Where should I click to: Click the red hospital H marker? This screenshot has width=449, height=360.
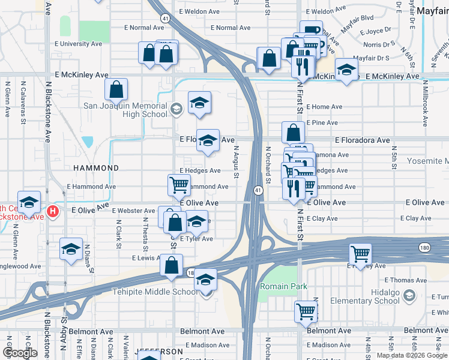(53, 211)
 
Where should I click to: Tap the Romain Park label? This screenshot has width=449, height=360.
(283, 287)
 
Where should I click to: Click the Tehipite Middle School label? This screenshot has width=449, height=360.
(155, 292)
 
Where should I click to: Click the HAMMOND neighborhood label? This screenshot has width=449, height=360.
(96, 169)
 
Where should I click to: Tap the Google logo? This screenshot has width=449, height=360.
(20, 353)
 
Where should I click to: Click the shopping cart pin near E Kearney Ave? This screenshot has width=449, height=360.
(360, 254)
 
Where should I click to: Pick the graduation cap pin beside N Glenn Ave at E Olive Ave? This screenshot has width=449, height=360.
(29, 203)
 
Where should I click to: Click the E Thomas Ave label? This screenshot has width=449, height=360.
(405, 280)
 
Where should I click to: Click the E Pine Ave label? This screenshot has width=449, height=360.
(325, 123)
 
